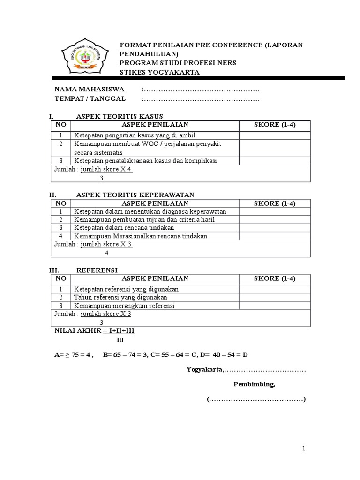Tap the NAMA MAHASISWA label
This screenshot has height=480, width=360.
(89, 90)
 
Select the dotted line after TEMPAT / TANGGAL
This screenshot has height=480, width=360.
(202, 98)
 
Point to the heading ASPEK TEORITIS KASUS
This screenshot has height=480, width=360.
(120, 116)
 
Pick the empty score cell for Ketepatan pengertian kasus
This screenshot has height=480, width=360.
(275, 135)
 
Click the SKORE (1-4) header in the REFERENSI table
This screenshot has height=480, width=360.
(275, 278)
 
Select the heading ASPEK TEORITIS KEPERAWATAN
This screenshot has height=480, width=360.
(135, 195)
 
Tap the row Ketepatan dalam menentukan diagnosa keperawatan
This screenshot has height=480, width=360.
(150, 211)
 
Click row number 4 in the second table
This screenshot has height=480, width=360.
(61, 236)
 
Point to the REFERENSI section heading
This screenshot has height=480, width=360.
(97, 270)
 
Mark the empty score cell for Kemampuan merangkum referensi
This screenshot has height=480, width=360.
(275, 306)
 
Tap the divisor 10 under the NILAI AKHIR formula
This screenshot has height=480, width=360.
(120, 340)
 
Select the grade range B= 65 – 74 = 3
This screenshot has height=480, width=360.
(125, 354)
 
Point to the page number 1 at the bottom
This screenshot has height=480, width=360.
(304, 449)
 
